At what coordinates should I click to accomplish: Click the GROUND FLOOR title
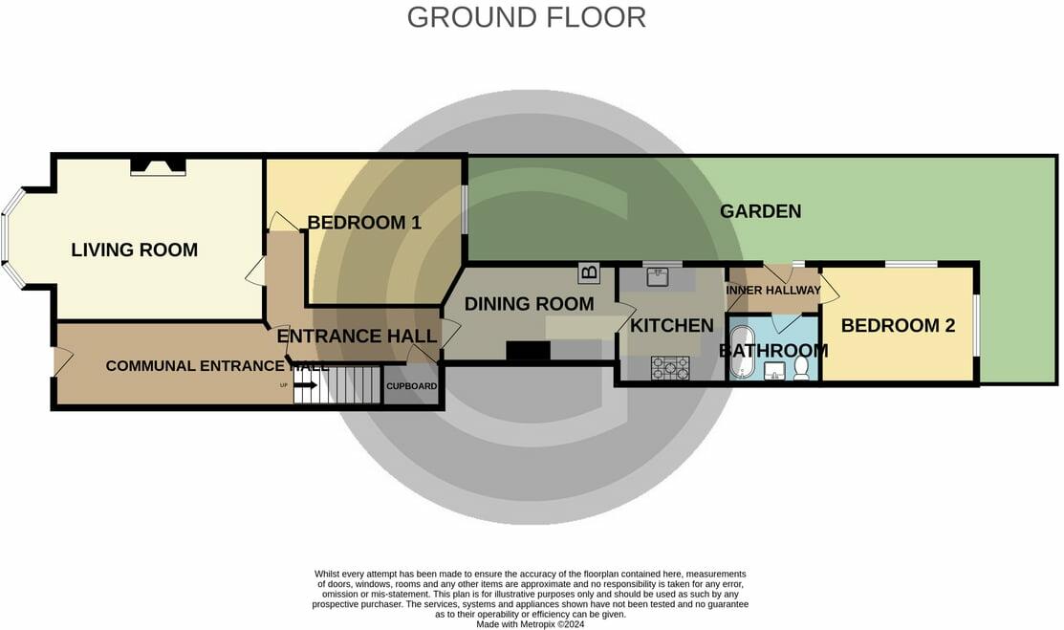pyautogui.click(x=526, y=17)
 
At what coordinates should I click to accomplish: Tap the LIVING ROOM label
pyautogui.click(x=134, y=250)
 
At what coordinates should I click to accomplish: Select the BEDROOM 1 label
pyautogui.click(x=364, y=223)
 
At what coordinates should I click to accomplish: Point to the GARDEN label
pyautogui.click(x=760, y=211)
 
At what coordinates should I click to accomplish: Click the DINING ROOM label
pyautogui.click(x=529, y=304)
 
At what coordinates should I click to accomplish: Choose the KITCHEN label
pyautogui.click(x=671, y=325)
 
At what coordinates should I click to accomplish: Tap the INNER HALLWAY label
pyautogui.click(x=773, y=291)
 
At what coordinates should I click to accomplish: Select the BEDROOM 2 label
pyautogui.click(x=898, y=325)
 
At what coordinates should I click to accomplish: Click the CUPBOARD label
pyautogui.click(x=412, y=386)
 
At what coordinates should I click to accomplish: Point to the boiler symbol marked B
pyautogui.click(x=589, y=273)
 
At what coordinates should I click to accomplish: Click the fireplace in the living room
pyautogui.click(x=158, y=166)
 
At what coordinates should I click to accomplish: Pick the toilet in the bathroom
pyautogui.click(x=802, y=370)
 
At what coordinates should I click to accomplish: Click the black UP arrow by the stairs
pyautogui.click(x=305, y=385)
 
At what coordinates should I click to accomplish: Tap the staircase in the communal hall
pyautogui.click(x=348, y=384)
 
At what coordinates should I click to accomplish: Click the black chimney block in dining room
pyautogui.click(x=528, y=352)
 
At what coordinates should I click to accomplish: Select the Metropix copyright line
pyautogui.click(x=531, y=624)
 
